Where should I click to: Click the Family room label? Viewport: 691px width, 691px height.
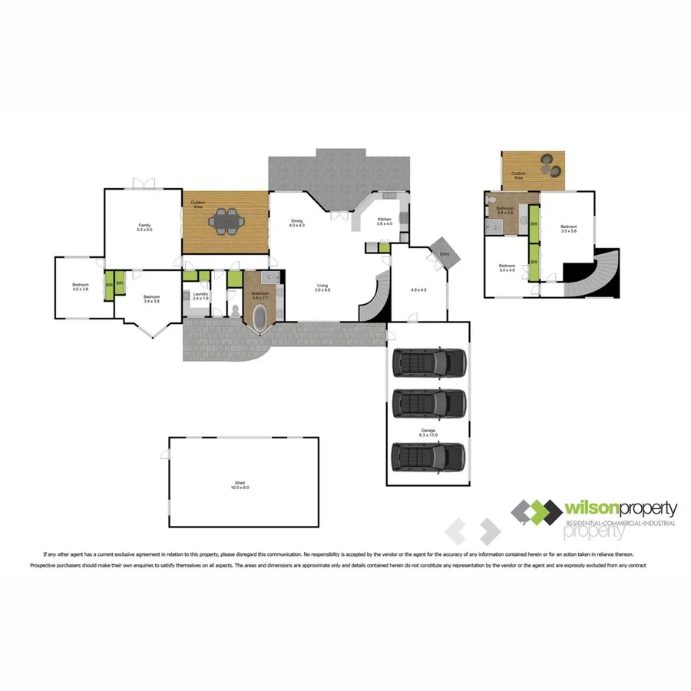pyautogui.click(x=145, y=226)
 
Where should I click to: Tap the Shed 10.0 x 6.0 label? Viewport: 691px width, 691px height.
pyautogui.click(x=242, y=484)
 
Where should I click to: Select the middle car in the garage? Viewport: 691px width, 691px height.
pyautogui.click(x=428, y=401)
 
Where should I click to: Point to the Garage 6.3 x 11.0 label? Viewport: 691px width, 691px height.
pyautogui.click(x=428, y=433)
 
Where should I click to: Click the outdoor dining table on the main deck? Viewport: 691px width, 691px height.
pyautogui.click(x=226, y=222)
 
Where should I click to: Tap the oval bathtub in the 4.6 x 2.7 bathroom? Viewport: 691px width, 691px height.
pyautogui.click(x=260, y=317)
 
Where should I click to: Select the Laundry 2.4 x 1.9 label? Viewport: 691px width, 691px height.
pyautogui.click(x=200, y=296)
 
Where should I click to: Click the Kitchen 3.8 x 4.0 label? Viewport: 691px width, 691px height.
pyautogui.click(x=385, y=222)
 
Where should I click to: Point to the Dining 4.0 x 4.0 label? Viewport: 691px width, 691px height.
pyautogui.click(x=297, y=223)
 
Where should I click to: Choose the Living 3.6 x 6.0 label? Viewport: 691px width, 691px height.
pyautogui.click(x=323, y=289)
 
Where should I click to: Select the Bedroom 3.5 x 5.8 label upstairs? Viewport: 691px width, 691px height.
pyautogui.click(x=568, y=228)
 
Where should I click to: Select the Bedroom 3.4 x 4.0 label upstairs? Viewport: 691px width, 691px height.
pyautogui.click(x=507, y=269)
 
